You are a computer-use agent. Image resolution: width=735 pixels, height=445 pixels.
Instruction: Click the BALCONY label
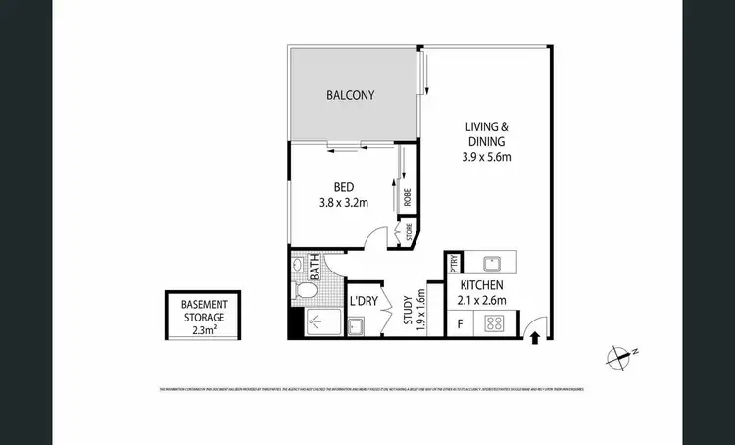click(x=350, y=95)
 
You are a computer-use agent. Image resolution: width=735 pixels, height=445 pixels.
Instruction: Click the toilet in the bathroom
click(x=306, y=290)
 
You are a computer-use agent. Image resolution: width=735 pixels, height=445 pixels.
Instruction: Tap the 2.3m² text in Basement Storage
click(x=203, y=331)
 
